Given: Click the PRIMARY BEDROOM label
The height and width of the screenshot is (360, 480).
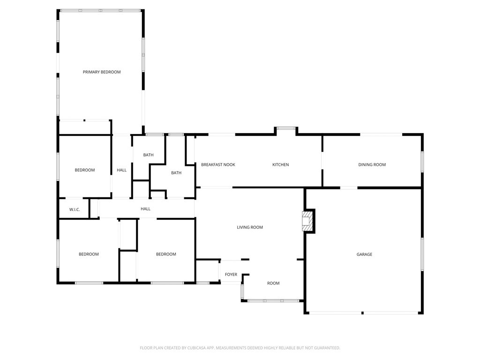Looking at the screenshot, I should [102, 72].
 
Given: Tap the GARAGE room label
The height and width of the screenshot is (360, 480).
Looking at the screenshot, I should [364, 255].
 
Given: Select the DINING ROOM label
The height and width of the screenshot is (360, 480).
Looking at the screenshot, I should [372, 165].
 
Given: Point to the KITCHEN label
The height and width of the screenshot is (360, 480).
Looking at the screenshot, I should [281, 165].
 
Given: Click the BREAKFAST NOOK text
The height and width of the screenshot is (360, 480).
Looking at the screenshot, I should [218, 165].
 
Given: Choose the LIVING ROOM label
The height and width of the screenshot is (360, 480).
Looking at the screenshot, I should [250, 227].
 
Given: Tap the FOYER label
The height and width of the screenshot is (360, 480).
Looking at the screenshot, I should [231, 275].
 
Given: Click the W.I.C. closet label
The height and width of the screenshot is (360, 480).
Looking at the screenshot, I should [75, 210].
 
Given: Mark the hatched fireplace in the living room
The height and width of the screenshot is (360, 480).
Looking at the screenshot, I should [307, 220].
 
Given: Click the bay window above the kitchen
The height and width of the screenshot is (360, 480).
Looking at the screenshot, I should [285, 128].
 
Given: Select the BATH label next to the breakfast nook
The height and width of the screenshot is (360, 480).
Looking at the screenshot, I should [176, 173].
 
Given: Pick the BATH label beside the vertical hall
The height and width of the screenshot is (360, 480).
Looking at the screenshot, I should [148, 155].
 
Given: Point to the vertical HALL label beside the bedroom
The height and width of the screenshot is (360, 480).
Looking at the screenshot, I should [122, 170].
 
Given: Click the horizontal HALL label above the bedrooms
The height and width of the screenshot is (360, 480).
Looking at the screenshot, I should [146, 209].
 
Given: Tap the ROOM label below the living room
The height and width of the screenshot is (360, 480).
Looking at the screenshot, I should [273, 283].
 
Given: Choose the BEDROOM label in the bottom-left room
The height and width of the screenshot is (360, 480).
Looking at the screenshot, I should [89, 255].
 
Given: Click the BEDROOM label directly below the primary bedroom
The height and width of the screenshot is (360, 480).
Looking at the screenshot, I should [85, 170].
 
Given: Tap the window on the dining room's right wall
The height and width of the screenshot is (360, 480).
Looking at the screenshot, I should [422, 161].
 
